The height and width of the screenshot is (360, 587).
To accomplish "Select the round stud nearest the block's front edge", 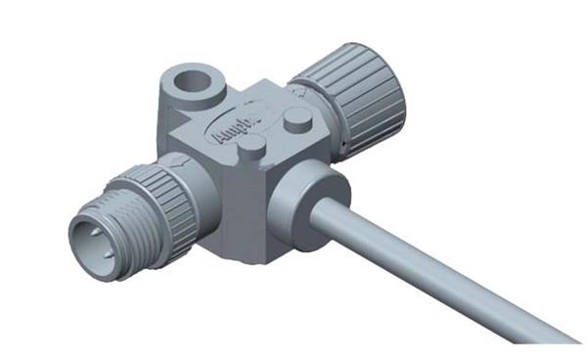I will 251,146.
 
